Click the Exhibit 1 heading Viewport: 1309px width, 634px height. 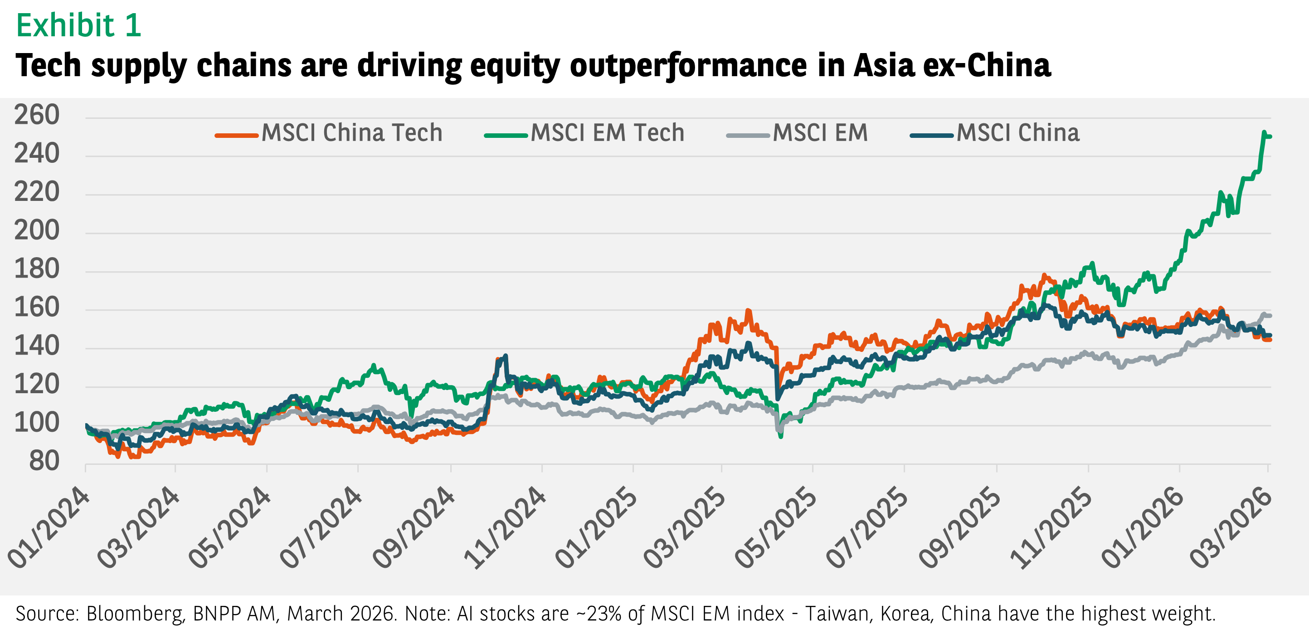pyautogui.click(x=78, y=25)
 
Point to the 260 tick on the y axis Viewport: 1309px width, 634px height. pyautogui.click(x=37, y=115)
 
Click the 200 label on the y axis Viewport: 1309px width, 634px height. pyautogui.click(x=37, y=231)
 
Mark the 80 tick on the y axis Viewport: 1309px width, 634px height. pyautogui.click(x=44, y=461)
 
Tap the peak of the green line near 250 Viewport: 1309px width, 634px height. pyautogui.click(x=1264, y=132)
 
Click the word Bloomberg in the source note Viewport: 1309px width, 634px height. pyautogui.click(x=134, y=614)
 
